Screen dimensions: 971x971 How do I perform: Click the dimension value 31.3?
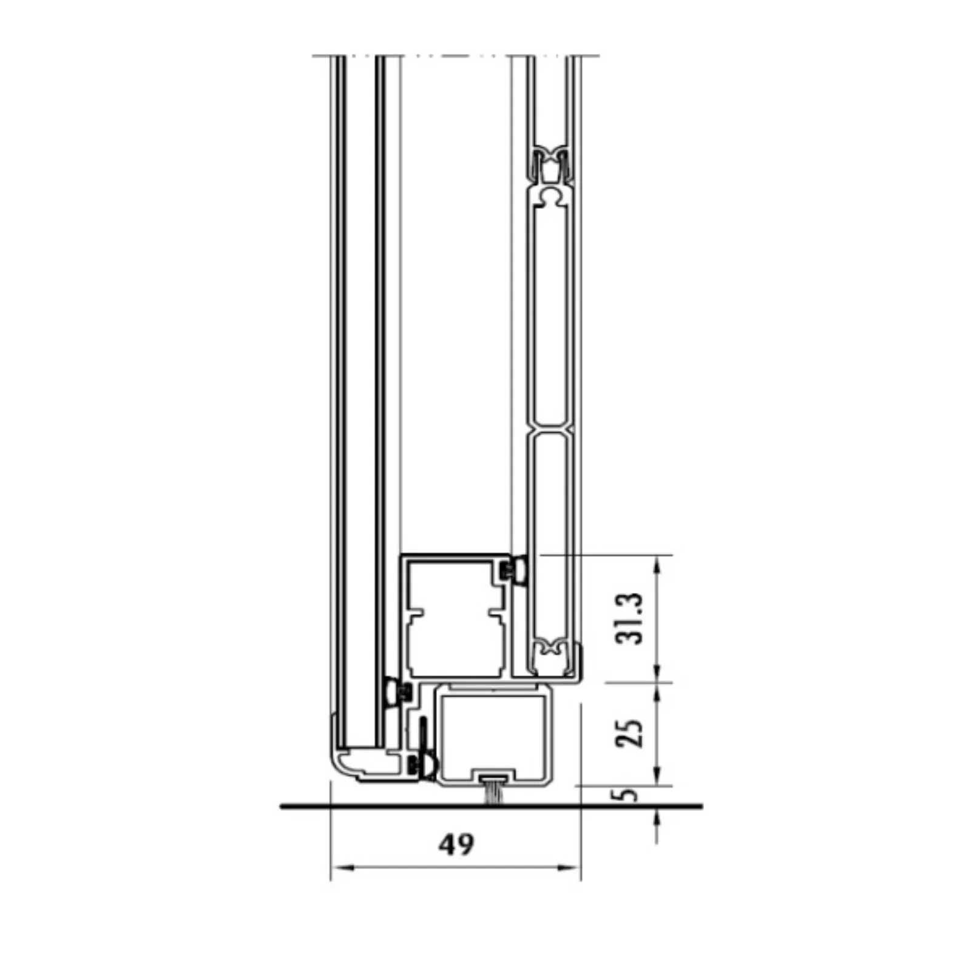click(628, 618)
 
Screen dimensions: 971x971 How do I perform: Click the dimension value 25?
click(628, 734)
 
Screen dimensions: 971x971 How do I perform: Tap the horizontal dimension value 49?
click(457, 844)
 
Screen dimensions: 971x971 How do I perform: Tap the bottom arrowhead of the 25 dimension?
click(657, 774)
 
